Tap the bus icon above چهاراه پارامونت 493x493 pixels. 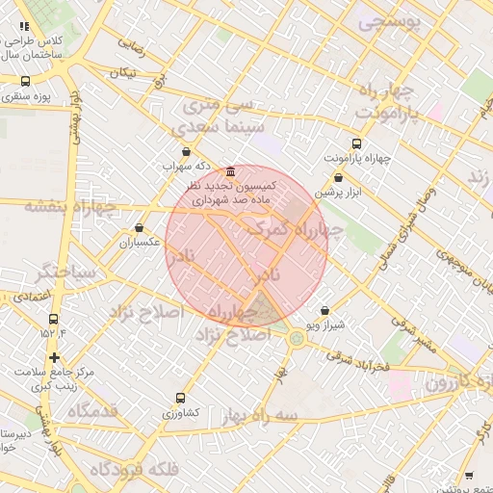point(357,143)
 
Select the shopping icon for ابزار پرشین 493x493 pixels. point(338,178)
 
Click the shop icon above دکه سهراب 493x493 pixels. point(186,151)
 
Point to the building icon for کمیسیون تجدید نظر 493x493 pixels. point(229,170)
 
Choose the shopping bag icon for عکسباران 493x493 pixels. point(140,228)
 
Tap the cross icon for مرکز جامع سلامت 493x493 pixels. point(54,357)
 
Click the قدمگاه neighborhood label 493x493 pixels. point(91,411)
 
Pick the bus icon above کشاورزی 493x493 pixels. point(180,398)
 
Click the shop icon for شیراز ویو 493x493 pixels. point(324,311)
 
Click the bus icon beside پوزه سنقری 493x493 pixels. point(23,82)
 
